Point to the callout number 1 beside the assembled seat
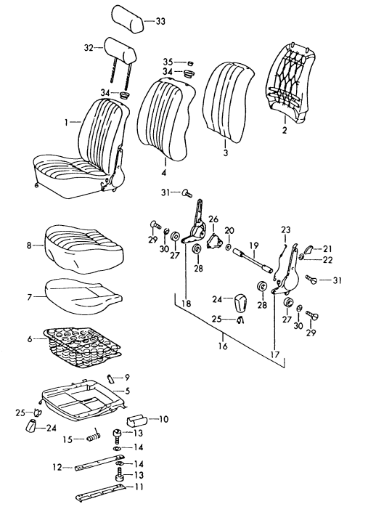pos(67,123)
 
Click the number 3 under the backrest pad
pos(225,153)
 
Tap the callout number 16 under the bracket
pos(223,347)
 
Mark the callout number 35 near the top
pos(167,62)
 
